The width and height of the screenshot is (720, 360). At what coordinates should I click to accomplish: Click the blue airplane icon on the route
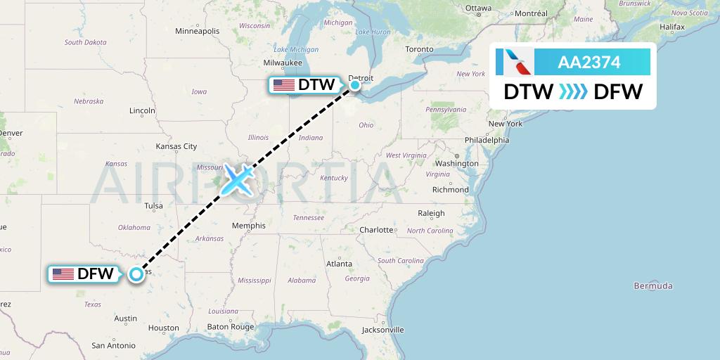pos(238,179)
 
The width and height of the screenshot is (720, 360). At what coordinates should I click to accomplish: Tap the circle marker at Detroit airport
pos(355,85)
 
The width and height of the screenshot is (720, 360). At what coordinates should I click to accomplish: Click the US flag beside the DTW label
pos(284,85)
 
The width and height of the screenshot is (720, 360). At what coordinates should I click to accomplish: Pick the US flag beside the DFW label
pos(63,274)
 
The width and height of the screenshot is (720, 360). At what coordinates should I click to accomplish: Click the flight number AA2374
pos(589,63)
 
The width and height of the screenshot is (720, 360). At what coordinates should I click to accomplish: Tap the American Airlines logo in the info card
pos(514,63)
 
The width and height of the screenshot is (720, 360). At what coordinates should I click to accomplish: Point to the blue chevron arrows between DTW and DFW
pos(572,91)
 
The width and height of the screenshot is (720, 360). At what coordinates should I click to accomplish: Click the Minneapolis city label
pos(198,31)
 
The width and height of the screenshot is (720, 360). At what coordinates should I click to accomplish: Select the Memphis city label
pos(250,226)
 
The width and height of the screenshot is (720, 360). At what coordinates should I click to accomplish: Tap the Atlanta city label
pos(339,264)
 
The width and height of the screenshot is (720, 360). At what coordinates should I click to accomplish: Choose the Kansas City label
pos(176,146)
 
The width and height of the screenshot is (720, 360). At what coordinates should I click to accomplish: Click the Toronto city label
pos(419,49)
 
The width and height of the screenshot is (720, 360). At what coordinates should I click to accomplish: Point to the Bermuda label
pos(653,285)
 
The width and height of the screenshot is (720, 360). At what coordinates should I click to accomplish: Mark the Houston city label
pos(164,328)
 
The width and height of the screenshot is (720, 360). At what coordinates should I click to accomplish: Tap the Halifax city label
pos(672,27)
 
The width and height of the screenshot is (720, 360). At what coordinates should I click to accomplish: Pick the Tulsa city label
pos(153,206)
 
